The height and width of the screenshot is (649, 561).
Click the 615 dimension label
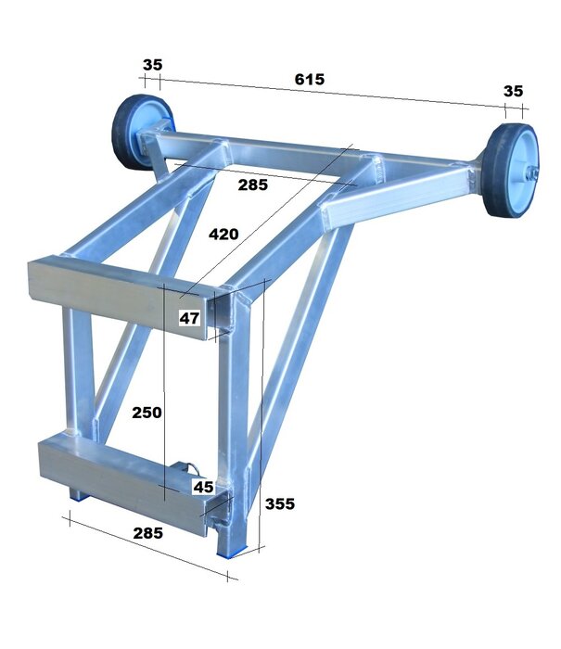coord(309,80)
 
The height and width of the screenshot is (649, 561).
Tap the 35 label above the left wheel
coord(153,65)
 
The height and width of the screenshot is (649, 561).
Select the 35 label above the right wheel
coord(513,91)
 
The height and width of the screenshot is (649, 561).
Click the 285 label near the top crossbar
coord(251,185)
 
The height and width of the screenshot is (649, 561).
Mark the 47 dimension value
coord(190,318)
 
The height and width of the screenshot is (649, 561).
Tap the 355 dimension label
coord(280,504)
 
